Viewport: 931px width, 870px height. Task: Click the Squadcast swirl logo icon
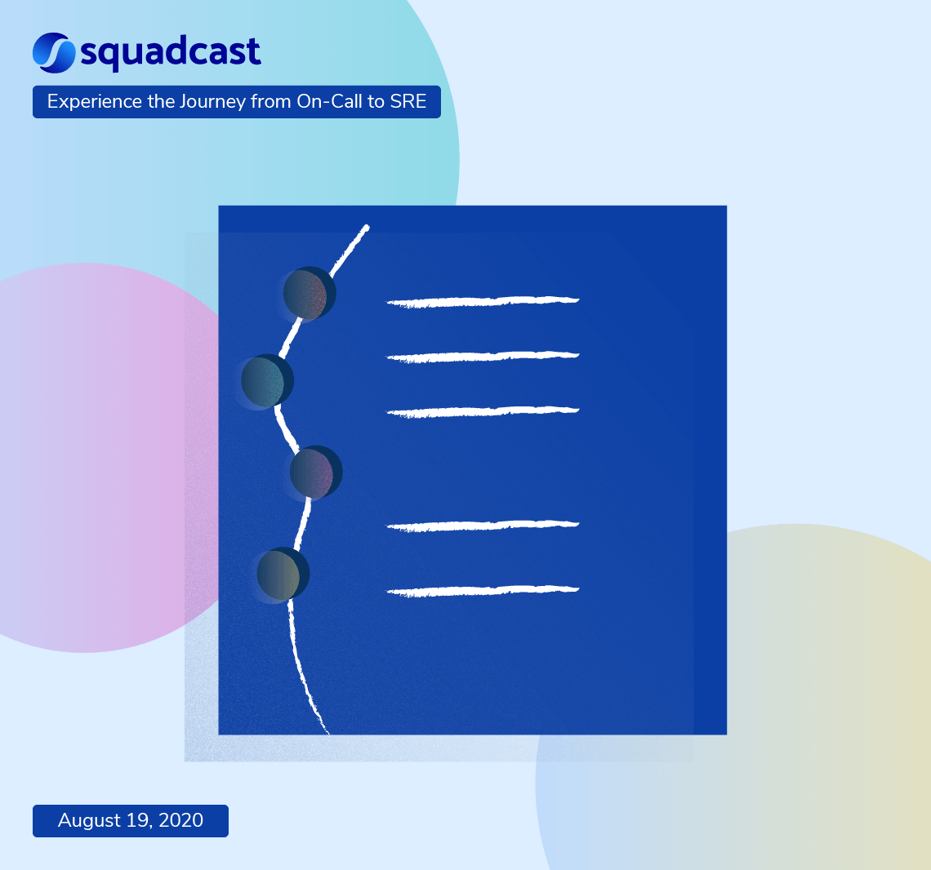54,52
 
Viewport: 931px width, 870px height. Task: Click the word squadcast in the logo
171,53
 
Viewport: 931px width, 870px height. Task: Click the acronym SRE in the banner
408,102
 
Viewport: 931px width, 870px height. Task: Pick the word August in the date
88,820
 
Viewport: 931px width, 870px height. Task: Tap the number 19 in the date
136,820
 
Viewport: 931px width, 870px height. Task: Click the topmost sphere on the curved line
309,293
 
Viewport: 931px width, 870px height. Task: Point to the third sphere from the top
315,473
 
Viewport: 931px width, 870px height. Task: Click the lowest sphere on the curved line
282,574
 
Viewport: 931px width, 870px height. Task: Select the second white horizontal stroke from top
483,357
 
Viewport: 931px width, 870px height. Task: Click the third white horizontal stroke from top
483,411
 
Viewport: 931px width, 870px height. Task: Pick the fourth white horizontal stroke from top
483,526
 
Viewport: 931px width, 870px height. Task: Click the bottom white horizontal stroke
483,590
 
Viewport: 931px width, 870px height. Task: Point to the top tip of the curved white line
366,227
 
